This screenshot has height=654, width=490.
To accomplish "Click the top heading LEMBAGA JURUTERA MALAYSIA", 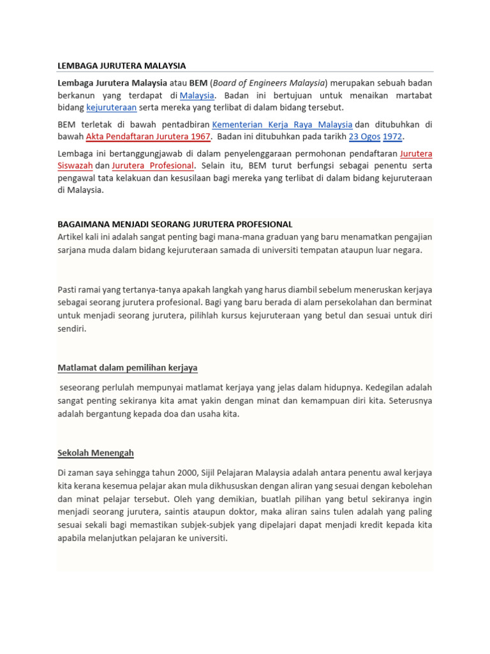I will click(x=121, y=66).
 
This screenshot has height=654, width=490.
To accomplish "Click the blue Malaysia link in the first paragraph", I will click(x=197, y=95).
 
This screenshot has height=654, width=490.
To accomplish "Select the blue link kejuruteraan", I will click(x=112, y=107).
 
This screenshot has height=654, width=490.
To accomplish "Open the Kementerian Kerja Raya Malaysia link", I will click(x=282, y=125).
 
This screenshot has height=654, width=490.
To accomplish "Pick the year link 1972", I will click(x=393, y=137).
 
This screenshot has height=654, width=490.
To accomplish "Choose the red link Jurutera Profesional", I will click(x=152, y=165).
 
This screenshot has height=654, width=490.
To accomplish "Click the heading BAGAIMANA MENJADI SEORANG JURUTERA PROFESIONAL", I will click(x=175, y=224).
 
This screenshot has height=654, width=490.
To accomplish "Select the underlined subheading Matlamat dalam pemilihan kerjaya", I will click(x=128, y=367).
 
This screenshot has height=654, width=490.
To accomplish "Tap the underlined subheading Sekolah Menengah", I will click(x=96, y=453).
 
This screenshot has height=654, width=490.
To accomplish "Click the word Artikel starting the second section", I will click(x=73, y=237).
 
